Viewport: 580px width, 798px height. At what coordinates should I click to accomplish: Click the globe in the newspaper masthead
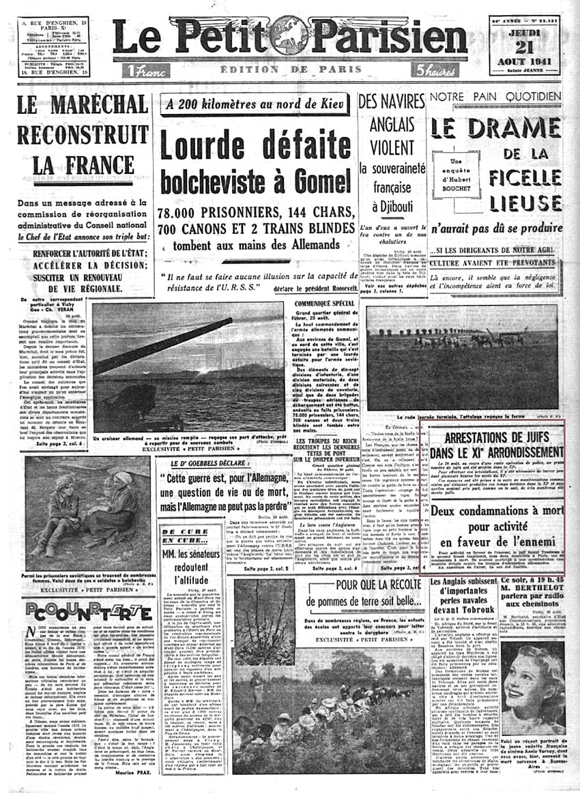pyautogui.click(x=289, y=35)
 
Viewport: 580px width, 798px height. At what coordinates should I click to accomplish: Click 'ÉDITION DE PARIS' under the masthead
pyautogui.click(x=289, y=70)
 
